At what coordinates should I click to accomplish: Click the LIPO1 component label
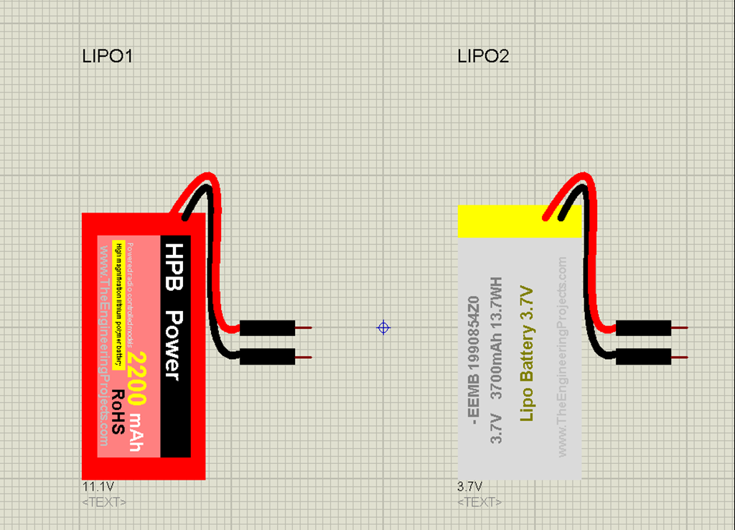coord(108,56)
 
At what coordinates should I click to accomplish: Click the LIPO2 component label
coord(483,56)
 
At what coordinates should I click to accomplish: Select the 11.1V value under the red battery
coord(98,486)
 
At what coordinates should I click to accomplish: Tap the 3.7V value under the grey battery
coord(470,486)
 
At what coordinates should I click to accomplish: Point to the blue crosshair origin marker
coord(384,327)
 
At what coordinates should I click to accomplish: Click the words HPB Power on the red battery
coord(174,311)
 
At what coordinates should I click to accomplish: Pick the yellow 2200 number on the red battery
coord(139,378)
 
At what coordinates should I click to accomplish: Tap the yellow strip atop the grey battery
coord(519,221)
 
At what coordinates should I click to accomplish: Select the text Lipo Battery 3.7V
coord(528,353)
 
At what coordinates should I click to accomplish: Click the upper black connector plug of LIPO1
coord(267,328)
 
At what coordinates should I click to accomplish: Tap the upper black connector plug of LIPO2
coord(644,328)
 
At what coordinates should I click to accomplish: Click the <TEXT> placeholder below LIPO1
coord(105,501)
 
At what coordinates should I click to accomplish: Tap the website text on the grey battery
coord(562,356)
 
